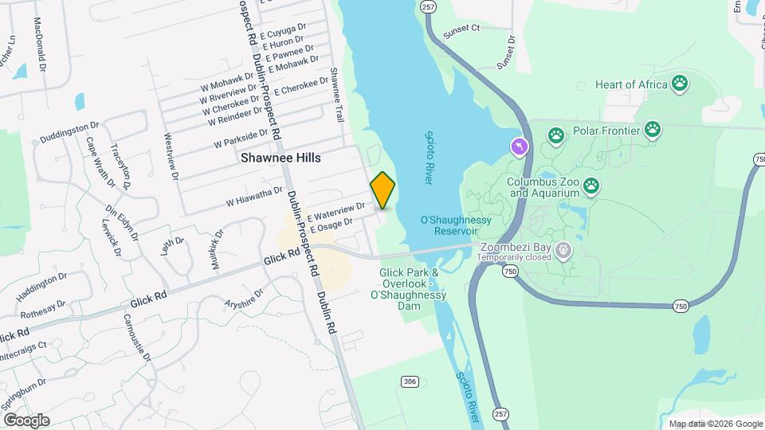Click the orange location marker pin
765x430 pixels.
382,190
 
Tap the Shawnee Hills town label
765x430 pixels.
281,158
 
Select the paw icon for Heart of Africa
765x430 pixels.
679,83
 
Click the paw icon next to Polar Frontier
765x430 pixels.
652,129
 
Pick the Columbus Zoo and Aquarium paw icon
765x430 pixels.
590,186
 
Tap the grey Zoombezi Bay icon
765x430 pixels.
563,251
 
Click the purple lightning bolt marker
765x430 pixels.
519,147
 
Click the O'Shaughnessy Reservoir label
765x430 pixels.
449,225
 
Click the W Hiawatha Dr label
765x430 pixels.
254,194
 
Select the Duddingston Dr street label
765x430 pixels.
69,130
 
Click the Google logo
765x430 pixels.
26,420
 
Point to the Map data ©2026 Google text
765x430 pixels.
715,424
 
